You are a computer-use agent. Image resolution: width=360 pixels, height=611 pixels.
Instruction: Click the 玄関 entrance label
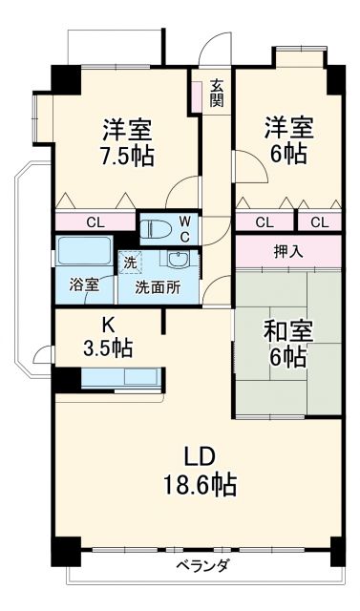click(x=218, y=91)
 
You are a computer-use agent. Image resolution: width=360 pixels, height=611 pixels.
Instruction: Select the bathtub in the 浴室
click(x=84, y=252)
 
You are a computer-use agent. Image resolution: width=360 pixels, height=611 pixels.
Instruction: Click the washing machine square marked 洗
click(x=127, y=261)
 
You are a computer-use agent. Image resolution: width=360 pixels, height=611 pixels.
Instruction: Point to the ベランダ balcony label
click(x=202, y=565)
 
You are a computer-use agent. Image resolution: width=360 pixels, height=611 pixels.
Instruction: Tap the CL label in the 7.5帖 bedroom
click(x=95, y=221)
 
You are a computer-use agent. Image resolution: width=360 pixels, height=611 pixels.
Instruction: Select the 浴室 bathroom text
click(x=84, y=285)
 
